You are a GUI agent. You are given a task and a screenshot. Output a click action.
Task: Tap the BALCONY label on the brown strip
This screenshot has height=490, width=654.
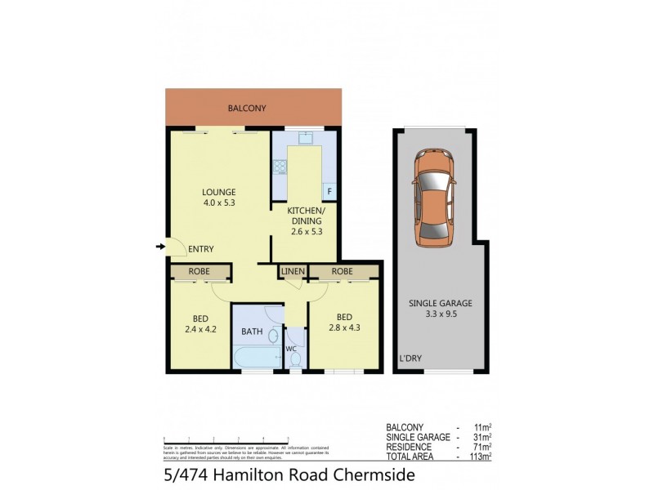coord(247,109)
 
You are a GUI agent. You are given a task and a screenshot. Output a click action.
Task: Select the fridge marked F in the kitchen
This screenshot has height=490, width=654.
coord(330,192)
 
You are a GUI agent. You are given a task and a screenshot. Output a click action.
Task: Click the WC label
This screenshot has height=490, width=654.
coord(290,349)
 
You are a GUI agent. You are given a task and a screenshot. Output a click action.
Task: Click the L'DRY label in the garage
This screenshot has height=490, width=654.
coord(410,359)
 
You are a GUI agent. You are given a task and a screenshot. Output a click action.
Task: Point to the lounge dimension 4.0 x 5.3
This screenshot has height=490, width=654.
coord(219,203)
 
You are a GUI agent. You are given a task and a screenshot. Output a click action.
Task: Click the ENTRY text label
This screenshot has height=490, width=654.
coord(200,250)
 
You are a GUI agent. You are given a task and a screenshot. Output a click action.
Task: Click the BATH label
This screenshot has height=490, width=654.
coord(251,332)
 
